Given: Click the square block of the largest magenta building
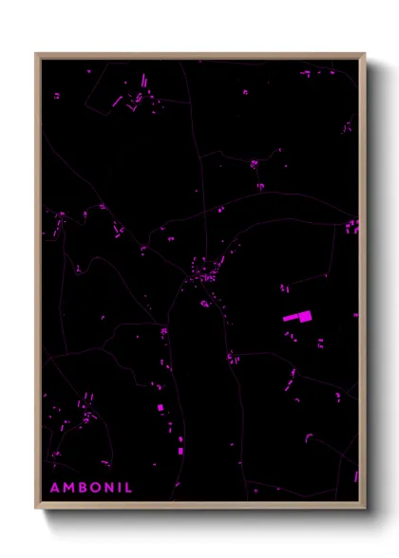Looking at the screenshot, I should [306, 316].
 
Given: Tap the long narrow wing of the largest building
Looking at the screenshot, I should [291, 319].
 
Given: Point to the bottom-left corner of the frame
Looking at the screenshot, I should [36, 508].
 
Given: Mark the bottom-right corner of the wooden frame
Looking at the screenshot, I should [365, 508].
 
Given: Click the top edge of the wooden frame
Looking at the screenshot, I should [200, 55].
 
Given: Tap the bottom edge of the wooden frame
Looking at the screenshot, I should [200, 507].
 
